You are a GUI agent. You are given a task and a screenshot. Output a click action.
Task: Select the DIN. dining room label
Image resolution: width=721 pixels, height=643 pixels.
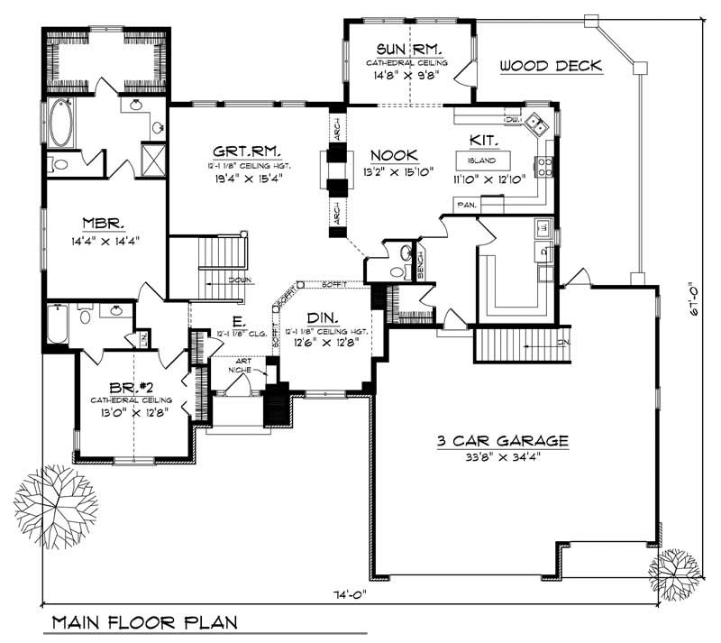click(324, 317)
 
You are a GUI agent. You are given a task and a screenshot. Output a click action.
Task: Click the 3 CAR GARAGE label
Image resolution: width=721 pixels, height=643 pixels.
click(503, 441)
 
